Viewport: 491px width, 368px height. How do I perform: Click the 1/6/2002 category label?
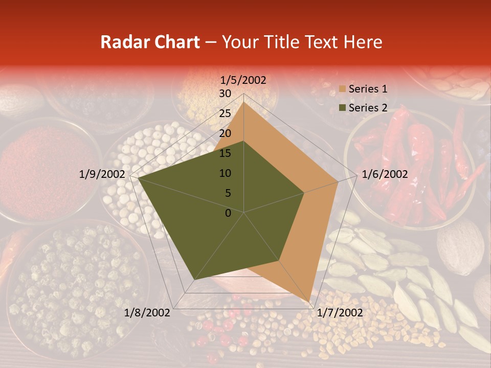[x=385, y=174]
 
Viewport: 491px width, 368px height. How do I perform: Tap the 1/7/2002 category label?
[x=340, y=313]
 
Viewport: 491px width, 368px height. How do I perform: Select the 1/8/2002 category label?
[x=147, y=313]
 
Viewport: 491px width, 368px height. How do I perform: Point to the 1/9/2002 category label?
[x=102, y=174]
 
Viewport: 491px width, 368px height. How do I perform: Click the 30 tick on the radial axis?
[x=225, y=94]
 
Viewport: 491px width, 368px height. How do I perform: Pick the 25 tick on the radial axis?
[x=225, y=113]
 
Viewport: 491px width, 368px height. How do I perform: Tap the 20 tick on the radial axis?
[x=225, y=133]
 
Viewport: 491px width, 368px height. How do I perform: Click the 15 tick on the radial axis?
[x=225, y=153]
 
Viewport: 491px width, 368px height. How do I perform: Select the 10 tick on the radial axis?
[x=225, y=173]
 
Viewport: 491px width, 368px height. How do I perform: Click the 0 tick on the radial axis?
[x=228, y=213]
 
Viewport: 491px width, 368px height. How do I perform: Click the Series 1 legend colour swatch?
[x=342, y=89]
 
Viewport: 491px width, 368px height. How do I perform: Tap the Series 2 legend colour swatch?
[x=342, y=108]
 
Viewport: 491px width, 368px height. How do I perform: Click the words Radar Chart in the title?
[x=150, y=42]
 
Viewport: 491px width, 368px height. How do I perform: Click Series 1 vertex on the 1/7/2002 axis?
[x=309, y=302]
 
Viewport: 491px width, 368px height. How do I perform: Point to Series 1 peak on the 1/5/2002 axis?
[x=243, y=102]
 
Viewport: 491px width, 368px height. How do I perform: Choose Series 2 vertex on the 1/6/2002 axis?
[x=304, y=193]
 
